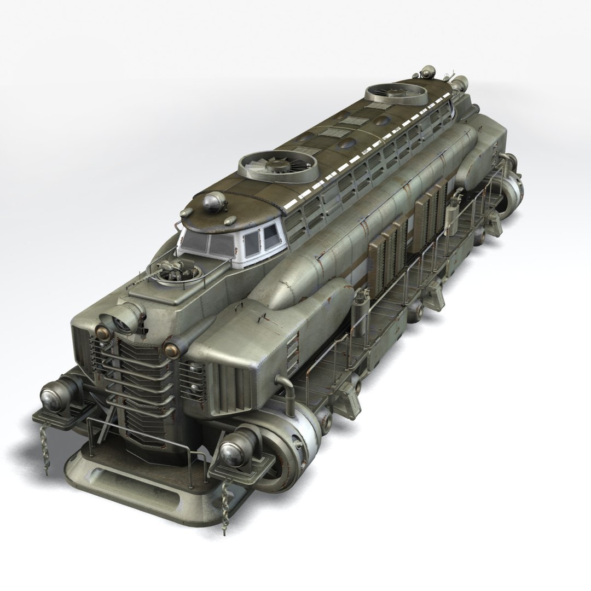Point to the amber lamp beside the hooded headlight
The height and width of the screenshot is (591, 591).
(x=101, y=331)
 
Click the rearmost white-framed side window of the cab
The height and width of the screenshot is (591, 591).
(x=270, y=237)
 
